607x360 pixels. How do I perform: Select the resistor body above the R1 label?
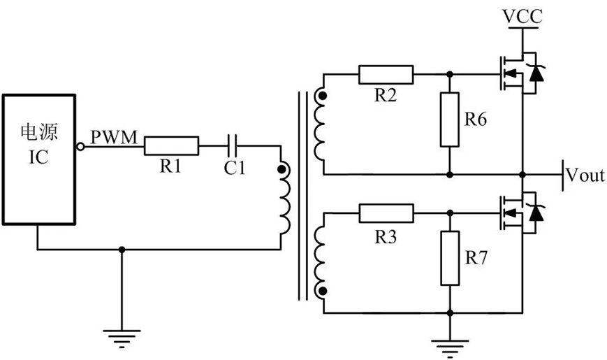[171, 146]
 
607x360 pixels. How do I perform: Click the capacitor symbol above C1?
[235, 146]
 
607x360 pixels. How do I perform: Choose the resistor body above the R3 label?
[386, 213]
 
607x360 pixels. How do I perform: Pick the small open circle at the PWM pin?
[81, 146]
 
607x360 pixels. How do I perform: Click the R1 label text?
[170, 166]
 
